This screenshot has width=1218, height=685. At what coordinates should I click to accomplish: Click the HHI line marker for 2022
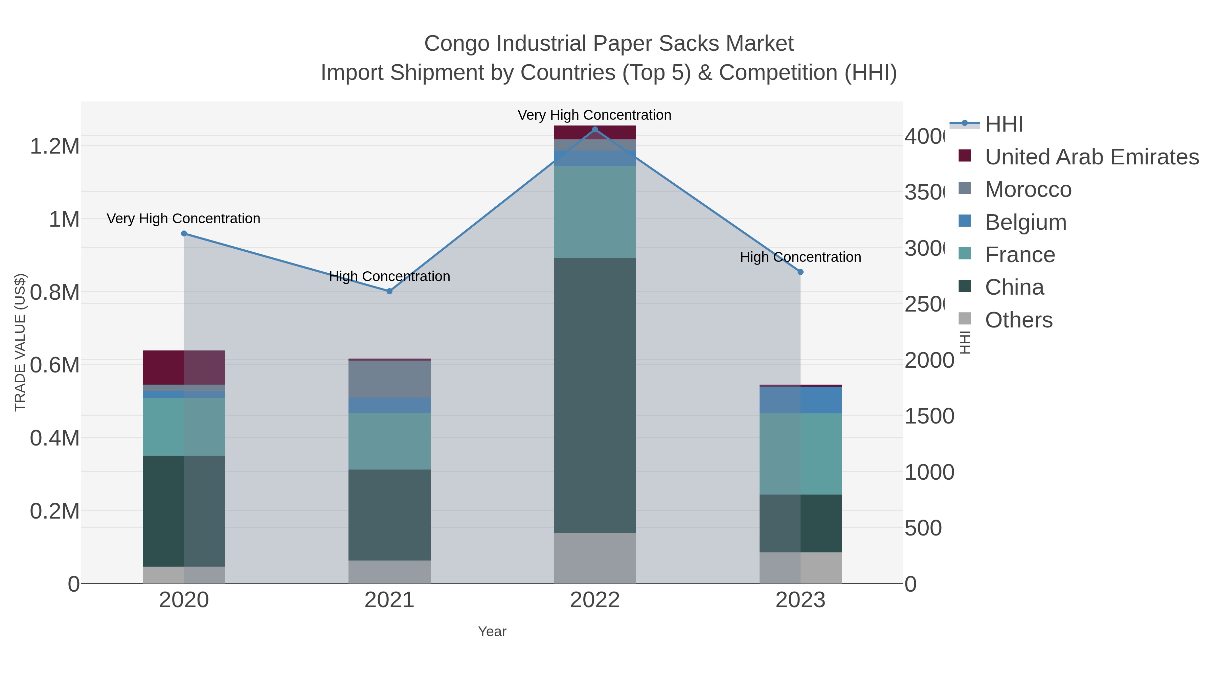[595, 130]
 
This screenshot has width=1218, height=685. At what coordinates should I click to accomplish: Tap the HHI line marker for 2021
[389, 291]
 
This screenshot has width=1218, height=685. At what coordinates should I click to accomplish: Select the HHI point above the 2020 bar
[184, 233]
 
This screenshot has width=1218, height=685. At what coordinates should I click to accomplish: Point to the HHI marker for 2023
[800, 272]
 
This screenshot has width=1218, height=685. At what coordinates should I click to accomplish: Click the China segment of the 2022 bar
[595, 395]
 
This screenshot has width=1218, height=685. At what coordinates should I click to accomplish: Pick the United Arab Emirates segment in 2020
[184, 367]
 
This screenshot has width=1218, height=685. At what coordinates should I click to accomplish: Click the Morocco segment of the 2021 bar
[389, 379]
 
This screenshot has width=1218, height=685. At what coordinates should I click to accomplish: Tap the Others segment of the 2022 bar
[595, 558]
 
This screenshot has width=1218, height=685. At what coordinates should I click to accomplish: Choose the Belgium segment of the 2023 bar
[800, 400]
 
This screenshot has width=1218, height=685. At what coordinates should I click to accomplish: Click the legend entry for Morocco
[1028, 189]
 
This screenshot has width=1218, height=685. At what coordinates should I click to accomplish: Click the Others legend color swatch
[965, 319]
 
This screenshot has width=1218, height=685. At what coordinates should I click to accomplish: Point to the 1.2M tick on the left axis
[54, 146]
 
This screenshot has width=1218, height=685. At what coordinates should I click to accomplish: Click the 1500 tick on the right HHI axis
[929, 416]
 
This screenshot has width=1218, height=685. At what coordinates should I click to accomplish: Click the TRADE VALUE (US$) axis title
[20, 342]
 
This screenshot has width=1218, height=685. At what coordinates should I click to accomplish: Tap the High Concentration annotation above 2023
[800, 257]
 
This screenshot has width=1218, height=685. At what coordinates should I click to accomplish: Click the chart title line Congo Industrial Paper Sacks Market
[609, 44]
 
